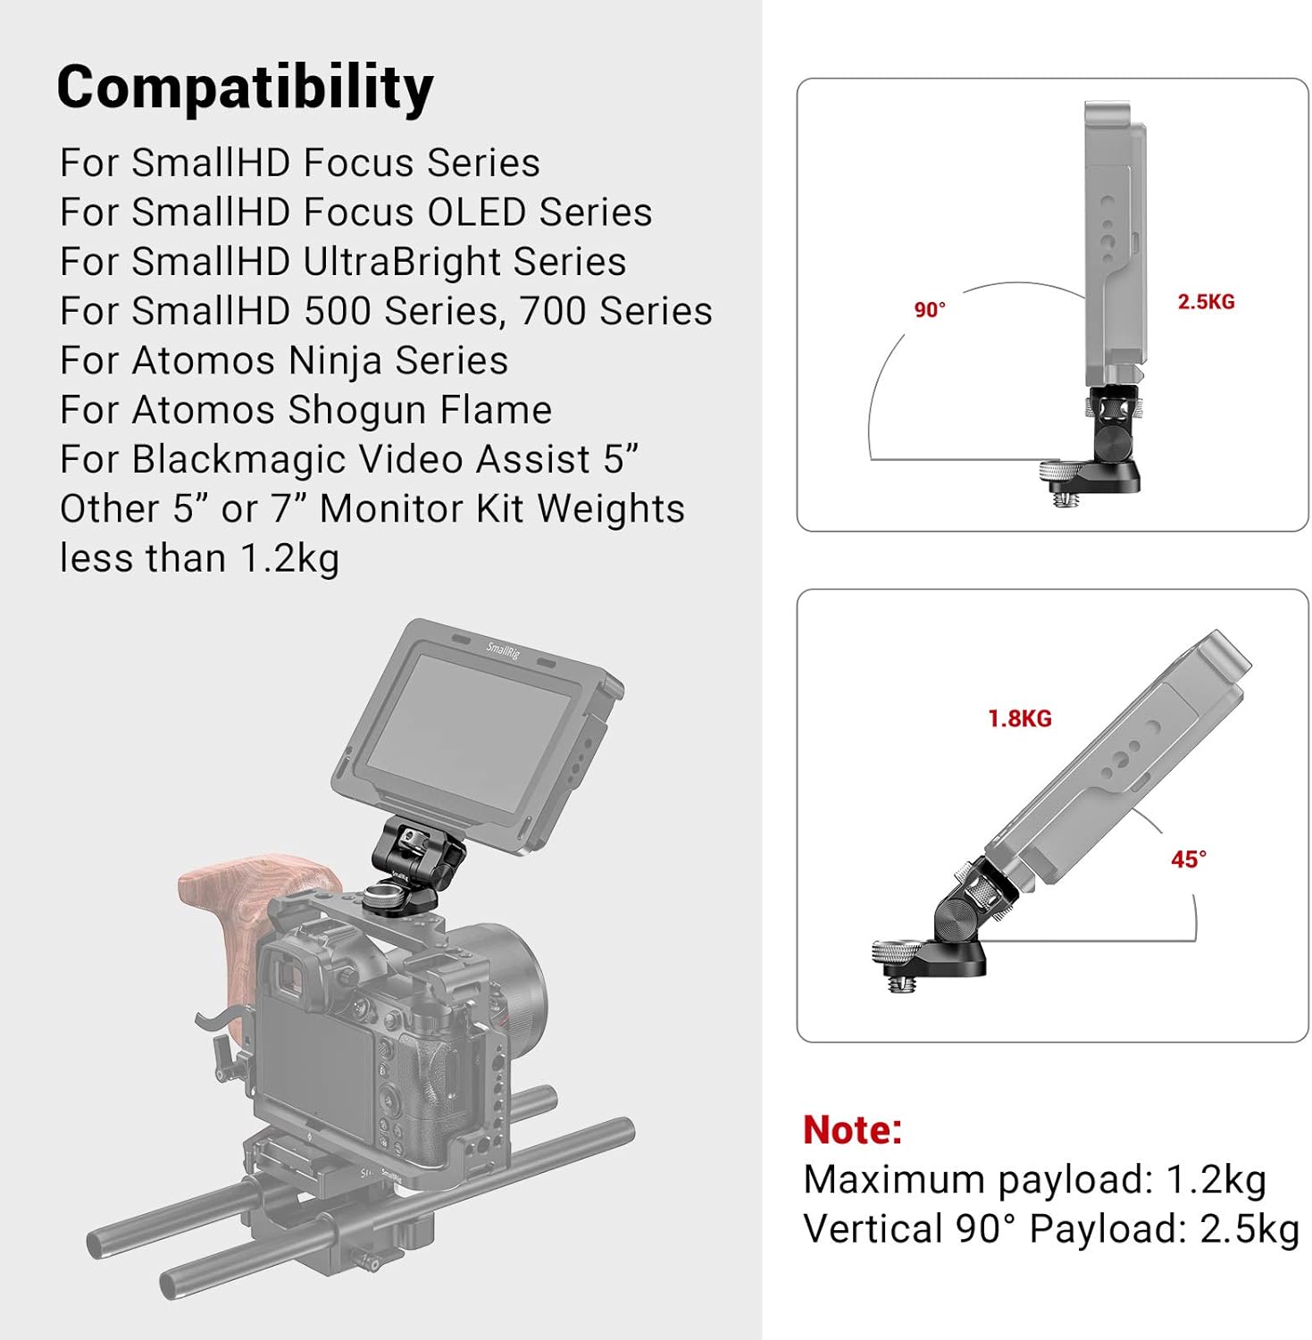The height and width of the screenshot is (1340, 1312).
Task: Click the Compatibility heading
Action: pos(245,88)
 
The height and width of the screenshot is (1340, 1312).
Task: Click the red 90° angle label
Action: pos(929,310)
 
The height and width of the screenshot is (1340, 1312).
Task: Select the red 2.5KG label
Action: pos(1205,302)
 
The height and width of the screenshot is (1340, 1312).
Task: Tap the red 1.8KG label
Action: pos(1019,718)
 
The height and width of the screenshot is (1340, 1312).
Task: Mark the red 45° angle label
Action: pos(1188,859)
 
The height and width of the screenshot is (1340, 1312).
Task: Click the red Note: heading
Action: pos(852,1130)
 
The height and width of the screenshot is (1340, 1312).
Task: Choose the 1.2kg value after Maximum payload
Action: pos(1216,1180)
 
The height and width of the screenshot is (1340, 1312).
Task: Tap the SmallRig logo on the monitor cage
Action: pos(503,649)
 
